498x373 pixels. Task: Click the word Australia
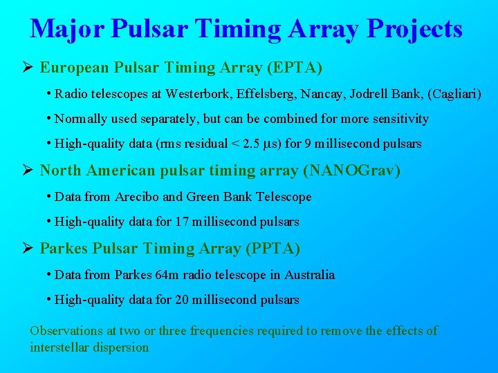click(309, 275)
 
